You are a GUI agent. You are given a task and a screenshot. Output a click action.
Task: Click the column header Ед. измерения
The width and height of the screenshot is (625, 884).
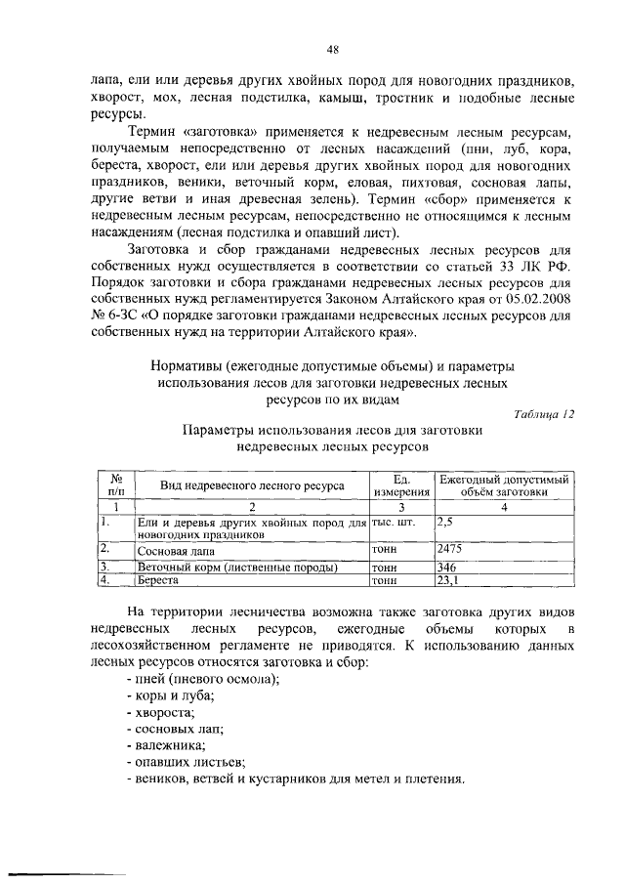399,485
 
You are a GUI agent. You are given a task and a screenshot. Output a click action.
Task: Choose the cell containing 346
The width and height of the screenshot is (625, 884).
448,567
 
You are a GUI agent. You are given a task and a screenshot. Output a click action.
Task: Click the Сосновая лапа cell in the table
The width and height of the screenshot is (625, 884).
172,551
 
